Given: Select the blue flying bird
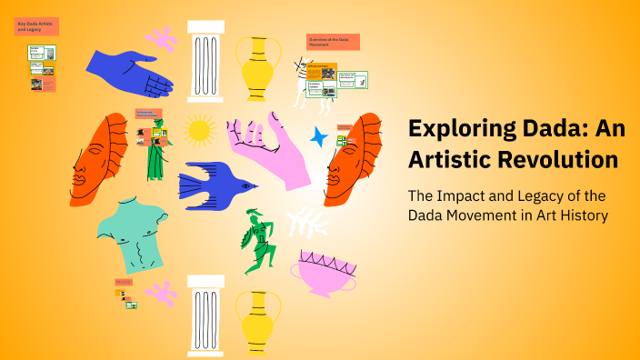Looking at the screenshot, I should click(215, 181).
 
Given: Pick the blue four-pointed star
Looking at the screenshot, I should click(319, 137).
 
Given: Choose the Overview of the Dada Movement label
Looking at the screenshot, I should click(333, 42).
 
